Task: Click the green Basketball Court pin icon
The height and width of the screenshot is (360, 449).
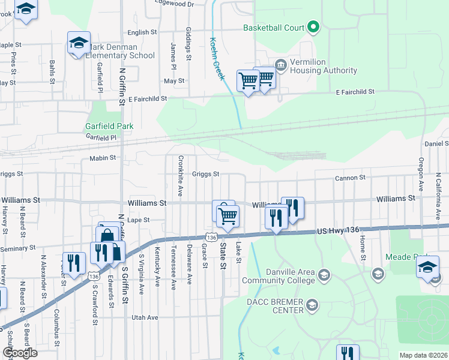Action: (x=313, y=27)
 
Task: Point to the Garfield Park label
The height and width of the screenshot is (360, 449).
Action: (x=109, y=126)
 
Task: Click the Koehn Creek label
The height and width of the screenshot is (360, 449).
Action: (x=217, y=59)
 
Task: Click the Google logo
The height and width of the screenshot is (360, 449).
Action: (x=20, y=353)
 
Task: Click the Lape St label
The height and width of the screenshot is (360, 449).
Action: (x=138, y=220)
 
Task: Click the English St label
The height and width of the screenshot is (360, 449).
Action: (x=142, y=32)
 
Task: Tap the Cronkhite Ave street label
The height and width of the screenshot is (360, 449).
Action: (x=180, y=176)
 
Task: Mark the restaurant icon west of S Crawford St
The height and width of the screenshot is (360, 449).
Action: (x=74, y=263)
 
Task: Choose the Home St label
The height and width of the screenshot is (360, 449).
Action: (x=363, y=248)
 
